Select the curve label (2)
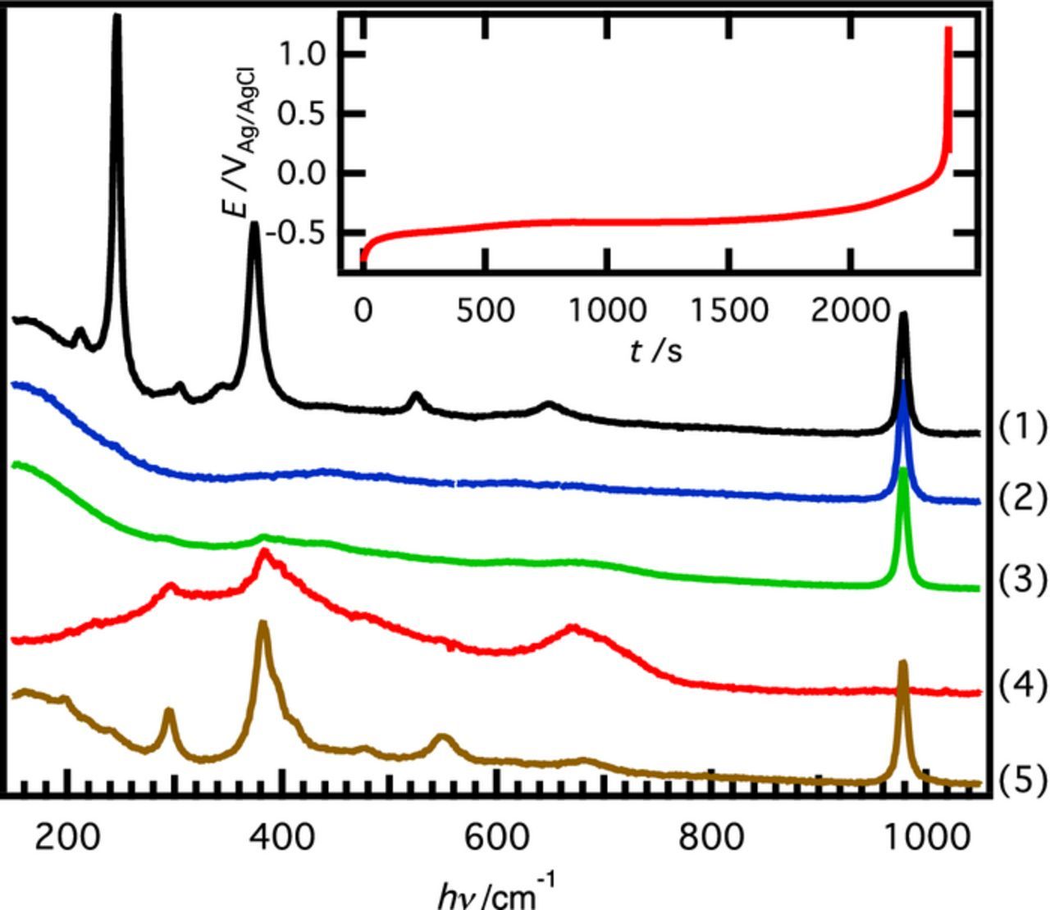click(1022, 498)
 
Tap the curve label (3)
click(1022, 580)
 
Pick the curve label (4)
click(1022, 685)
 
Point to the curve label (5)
click(1022, 780)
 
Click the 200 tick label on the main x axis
click(67, 839)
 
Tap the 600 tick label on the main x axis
click(497, 839)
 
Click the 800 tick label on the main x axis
click(711, 839)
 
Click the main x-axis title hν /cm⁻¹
click(496, 891)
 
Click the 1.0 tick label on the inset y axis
click(302, 54)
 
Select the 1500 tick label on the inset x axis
click(728, 312)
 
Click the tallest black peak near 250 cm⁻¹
click(116, 18)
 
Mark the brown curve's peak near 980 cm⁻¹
click(903, 663)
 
